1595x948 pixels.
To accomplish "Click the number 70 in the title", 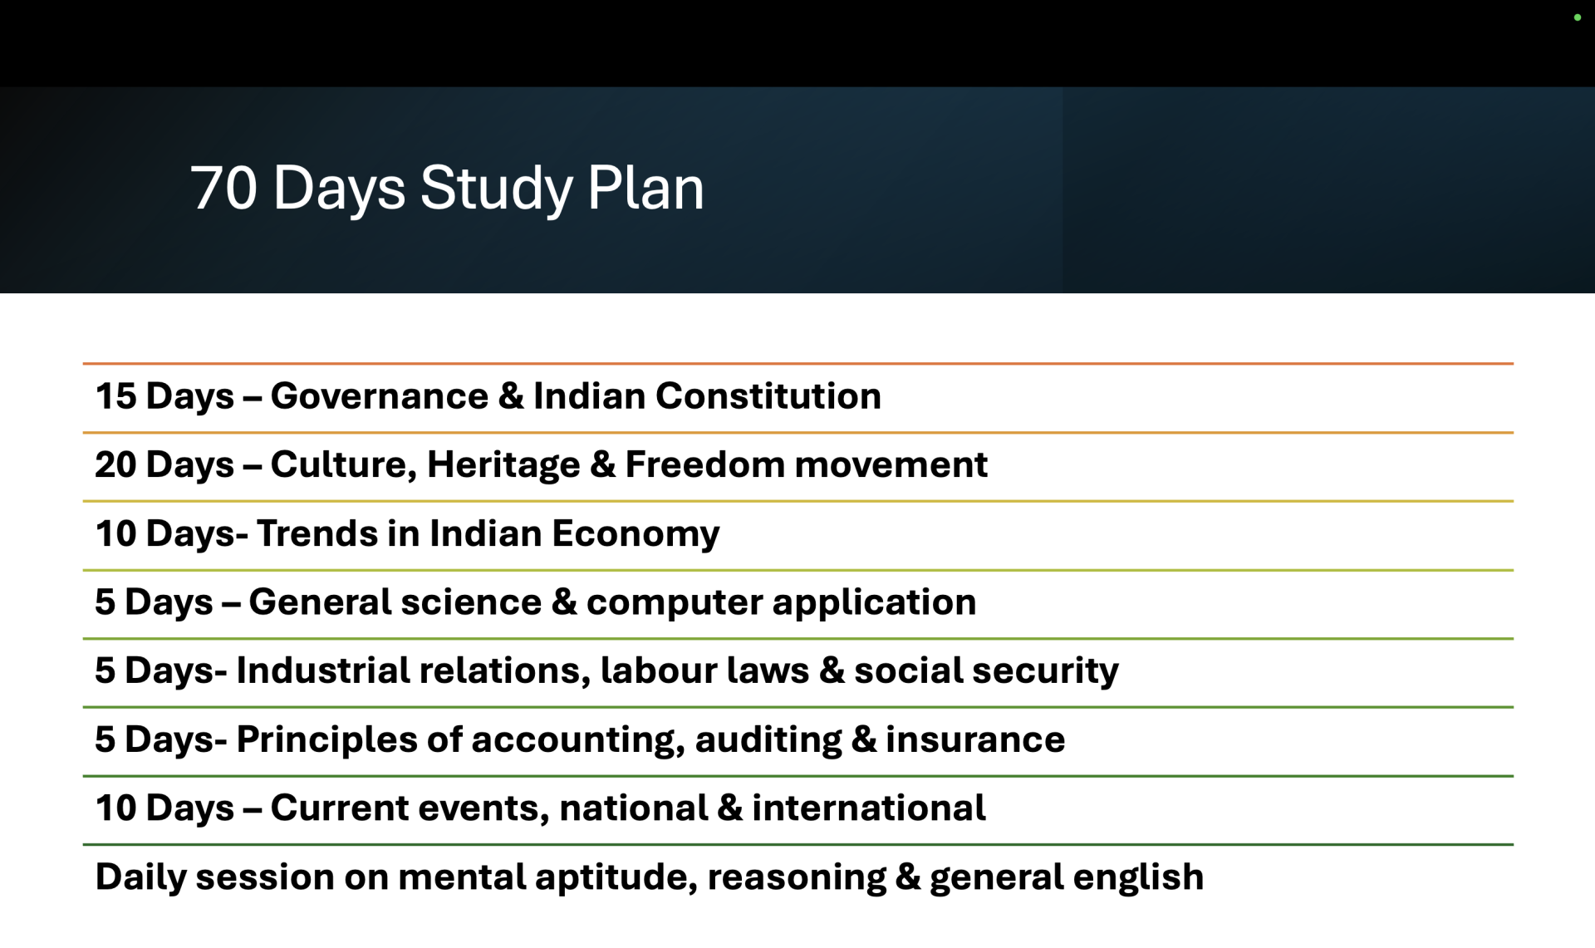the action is [x=223, y=188].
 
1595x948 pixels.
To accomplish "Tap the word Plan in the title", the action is [x=645, y=188].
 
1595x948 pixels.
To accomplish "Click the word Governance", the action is [x=380, y=395].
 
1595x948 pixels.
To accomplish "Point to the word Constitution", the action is [x=768, y=395].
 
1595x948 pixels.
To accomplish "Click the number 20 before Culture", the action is [x=115, y=464].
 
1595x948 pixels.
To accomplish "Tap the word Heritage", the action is [x=503, y=465].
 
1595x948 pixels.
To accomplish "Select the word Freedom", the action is [x=704, y=464].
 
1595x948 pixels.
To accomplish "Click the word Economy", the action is [x=636, y=534].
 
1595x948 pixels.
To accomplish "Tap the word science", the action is [x=471, y=602].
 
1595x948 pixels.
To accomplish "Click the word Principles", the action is [x=327, y=740].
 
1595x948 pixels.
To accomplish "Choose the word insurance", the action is [x=975, y=739].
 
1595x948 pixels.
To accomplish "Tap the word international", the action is [x=869, y=808].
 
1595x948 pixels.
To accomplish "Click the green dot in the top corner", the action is [x=1577, y=17].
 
